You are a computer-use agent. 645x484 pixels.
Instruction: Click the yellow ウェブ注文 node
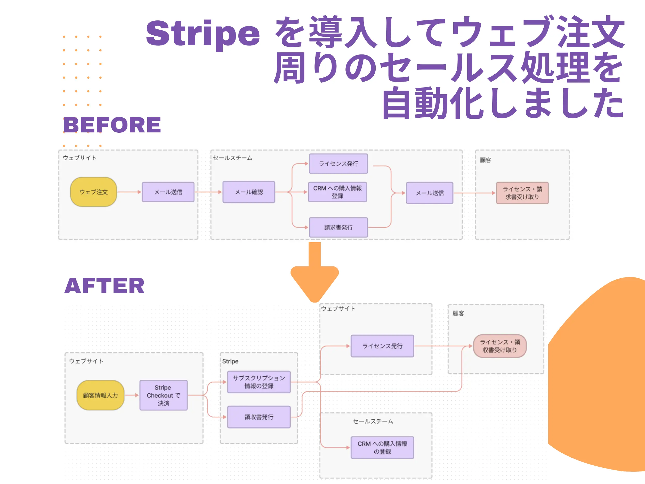tap(94, 192)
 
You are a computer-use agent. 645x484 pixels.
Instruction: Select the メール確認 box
tap(249, 192)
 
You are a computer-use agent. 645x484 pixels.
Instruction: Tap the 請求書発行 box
tap(338, 227)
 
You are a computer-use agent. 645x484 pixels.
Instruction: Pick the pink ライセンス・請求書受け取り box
tap(522, 193)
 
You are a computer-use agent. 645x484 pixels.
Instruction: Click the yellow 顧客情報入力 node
tap(100, 395)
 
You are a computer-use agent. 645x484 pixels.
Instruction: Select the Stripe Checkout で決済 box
tap(163, 395)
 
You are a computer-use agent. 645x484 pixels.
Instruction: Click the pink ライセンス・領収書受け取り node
tap(500, 346)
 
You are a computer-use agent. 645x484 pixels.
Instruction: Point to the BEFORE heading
tap(112, 125)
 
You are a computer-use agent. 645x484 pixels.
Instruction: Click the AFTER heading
tap(104, 285)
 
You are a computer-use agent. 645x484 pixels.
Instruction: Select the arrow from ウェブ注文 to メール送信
tap(129, 192)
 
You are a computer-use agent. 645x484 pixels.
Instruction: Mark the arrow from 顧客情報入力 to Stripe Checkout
tap(132, 395)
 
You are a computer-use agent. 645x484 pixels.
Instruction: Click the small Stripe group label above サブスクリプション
tap(230, 361)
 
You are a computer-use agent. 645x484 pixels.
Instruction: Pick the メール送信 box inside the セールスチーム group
tap(430, 193)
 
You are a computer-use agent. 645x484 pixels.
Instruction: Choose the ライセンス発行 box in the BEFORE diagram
tap(338, 164)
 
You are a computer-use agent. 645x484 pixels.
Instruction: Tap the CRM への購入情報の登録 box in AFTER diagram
tap(382, 447)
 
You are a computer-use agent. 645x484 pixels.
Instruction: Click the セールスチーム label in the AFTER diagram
tap(373, 421)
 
